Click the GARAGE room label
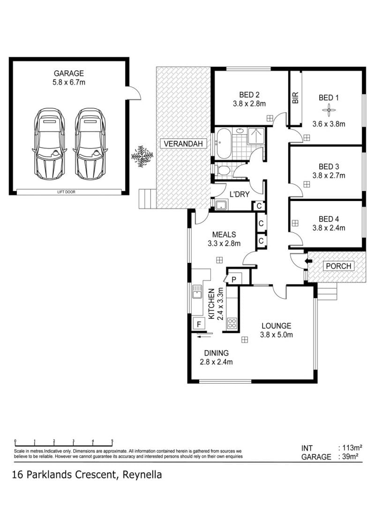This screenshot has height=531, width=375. pyautogui.click(x=68, y=73)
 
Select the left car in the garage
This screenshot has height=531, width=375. pyautogui.click(x=49, y=144)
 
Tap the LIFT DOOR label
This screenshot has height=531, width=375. pyautogui.click(x=66, y=192)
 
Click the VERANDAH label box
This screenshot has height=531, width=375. pyautogui.click(x=183, y=144)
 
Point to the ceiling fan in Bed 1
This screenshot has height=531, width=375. pyautogui.click(x=329, y=110)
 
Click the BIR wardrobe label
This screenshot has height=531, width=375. pyautogui.click(x=295, y=98)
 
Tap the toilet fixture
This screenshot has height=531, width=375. pyautogui.click(x=223, y=170)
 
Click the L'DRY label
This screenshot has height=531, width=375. pyautogui.click(x=240, y=194)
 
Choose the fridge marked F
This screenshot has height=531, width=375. pyautogui.click(x=199, y=324)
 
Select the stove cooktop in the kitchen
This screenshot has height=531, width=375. pyautogui.click(x=232, y=323)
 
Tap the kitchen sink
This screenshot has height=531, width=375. pyautogui.click(x=197, y=292)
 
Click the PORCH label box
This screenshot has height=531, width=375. pyautogui.click(x=338, y=266)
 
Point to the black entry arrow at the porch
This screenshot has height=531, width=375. pyautogui.click(x=308, y=261)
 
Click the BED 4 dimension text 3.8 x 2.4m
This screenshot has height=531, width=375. pyautogui.click(x=329, y=228)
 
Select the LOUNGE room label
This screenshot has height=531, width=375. pyautogui.click(x=276, y=326)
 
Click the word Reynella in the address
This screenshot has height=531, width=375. pyautogui.click(x=142, y=475)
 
